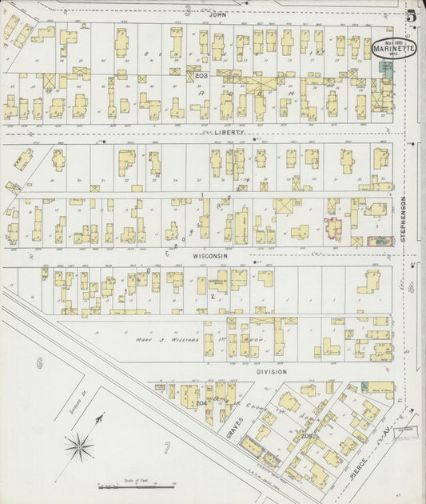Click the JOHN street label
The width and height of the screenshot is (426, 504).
coord(213,14)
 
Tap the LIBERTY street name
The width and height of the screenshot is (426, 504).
coord(228,133)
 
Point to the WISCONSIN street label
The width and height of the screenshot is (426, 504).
coord(213,256)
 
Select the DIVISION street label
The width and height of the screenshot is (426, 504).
coord(272,372)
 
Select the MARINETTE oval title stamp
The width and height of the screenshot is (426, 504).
coord(393,49)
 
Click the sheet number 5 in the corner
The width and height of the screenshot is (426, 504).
coord(410,15)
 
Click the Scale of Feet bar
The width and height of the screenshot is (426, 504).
coord(136,486)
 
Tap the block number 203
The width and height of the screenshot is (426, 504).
coord(201,75)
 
